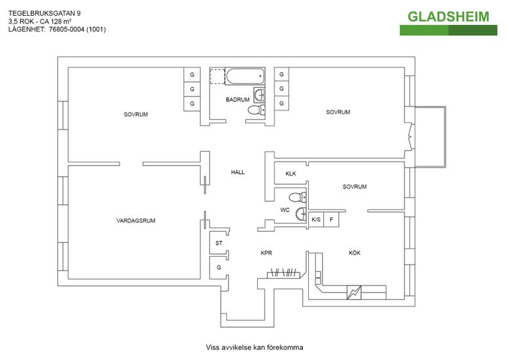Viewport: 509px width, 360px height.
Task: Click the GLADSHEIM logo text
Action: tap(448, 16)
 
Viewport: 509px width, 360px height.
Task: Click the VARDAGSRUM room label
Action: tap(136, 221)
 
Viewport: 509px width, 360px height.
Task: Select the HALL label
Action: tap(237, 172)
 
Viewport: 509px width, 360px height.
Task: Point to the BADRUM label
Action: tap(237, 99)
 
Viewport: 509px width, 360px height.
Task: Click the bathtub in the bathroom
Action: tap(245, 77)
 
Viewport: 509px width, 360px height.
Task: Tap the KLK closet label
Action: tap(290, 173)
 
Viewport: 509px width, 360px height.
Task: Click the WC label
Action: tap(285, 210)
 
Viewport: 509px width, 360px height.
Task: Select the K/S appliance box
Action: tap(316, 219)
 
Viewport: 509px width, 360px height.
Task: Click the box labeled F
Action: tap(332, 219)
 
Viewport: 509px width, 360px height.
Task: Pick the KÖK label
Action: tap(355, 253)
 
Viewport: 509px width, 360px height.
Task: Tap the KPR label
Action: tap(266, 253)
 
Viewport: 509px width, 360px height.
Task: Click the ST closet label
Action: tap(219, 243)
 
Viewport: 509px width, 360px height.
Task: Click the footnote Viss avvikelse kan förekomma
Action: tap(254, 347)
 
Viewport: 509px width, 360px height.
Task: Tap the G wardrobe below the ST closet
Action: tap(219, 267)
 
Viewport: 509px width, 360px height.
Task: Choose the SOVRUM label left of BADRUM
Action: tap(136, 115)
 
